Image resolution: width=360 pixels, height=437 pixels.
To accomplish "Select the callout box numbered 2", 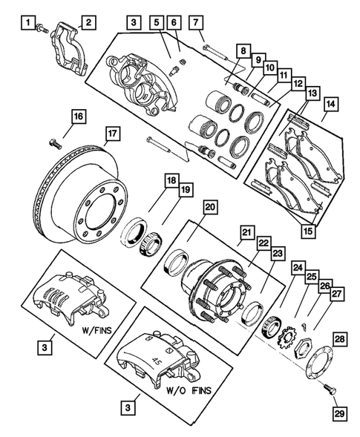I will [87, 23].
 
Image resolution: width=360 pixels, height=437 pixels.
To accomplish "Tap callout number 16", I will [77, 116].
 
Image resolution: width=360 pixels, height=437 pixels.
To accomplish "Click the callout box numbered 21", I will [246, 233].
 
